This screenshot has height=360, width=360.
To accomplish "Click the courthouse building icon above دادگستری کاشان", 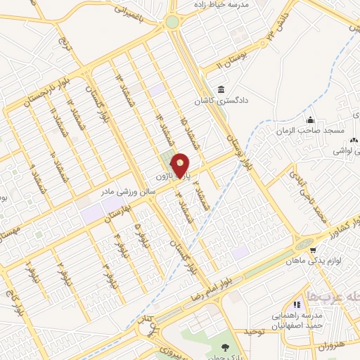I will (x=222, y=90).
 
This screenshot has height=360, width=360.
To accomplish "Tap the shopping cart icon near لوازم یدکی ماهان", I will (x=311, y=247).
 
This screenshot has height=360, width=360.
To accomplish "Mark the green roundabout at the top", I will (x=172, y=22).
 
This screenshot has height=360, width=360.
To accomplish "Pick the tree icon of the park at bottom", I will (x=224, y=347).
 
